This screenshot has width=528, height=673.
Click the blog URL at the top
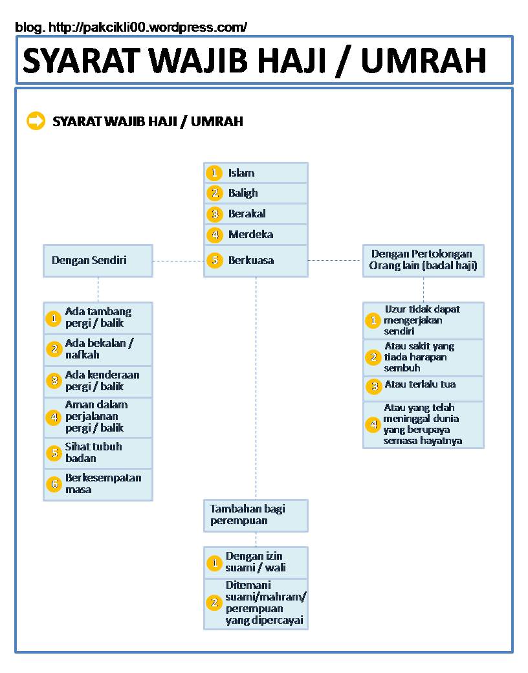click(131, 27)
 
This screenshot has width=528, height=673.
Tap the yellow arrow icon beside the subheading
click(36, 121)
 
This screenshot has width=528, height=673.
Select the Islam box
click(256, 173)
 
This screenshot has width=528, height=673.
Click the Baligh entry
click(256, 193)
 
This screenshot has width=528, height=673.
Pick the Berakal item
click(256, 214)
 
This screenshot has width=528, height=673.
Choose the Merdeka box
click(256, 234)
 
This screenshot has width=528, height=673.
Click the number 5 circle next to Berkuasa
click(214, 260)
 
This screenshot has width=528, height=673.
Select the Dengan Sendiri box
click(98, 260)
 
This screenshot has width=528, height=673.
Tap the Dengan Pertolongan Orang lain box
click(423, 260)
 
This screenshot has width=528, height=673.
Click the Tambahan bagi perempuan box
click(256, 515)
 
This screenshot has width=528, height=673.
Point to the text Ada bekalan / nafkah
click(98, 349)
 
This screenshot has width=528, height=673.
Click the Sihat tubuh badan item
click(98, 452)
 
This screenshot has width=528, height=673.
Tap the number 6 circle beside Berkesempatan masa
click(54, 484)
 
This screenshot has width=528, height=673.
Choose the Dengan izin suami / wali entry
click(256, 562)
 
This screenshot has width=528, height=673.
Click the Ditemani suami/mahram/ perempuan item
click(265, 603)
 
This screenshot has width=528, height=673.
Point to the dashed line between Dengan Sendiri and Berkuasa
click(178, 261)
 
